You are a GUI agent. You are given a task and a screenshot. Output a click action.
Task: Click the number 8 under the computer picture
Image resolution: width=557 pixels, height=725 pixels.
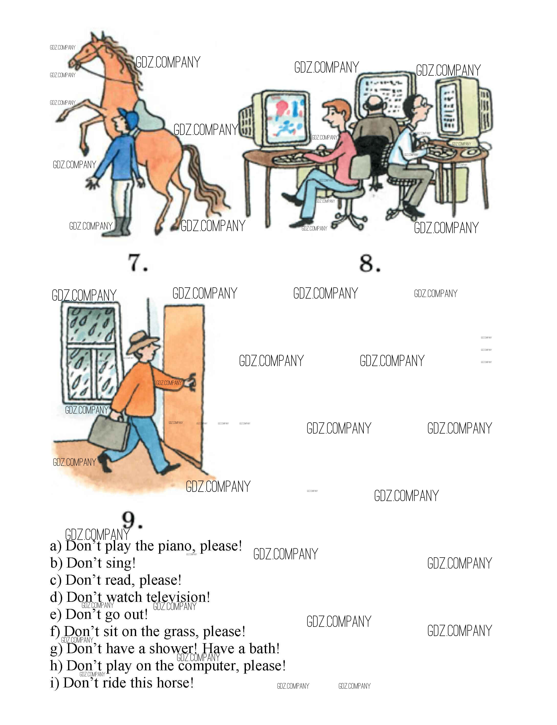point(370,264)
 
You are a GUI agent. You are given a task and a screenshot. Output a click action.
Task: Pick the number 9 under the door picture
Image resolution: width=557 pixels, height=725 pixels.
point(132,520)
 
